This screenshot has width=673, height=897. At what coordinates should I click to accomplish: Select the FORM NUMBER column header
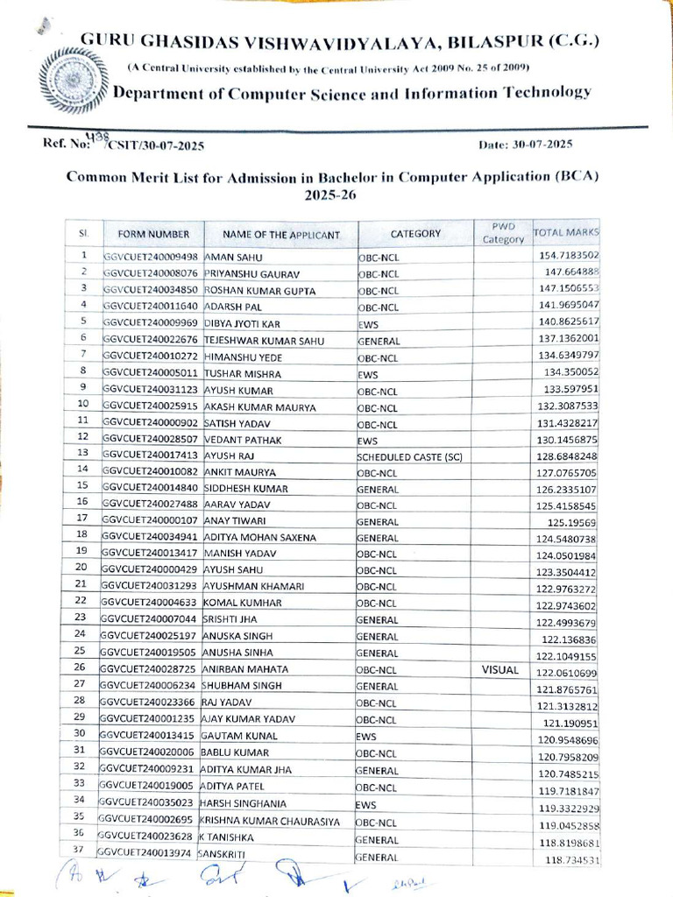[x=146, y=234]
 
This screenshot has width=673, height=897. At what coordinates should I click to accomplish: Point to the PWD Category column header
[x=502, y=232]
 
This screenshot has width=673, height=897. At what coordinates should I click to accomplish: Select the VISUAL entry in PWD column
[x=500, y=670]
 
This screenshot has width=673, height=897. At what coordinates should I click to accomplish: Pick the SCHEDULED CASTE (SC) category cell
[x=409, y=456]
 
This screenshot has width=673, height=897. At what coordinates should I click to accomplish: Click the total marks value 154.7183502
[x=566, y=255]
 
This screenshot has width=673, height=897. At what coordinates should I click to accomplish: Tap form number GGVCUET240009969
[x=151, y=323]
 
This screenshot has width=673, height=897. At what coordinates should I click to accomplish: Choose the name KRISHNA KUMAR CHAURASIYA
[x=274, y=823]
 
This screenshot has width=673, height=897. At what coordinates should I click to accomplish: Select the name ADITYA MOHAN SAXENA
[x=259, y=538]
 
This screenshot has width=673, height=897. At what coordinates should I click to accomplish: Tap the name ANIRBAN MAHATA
[x=247, y=671]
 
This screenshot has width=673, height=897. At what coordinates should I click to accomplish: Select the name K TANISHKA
[x=231, y=839]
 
